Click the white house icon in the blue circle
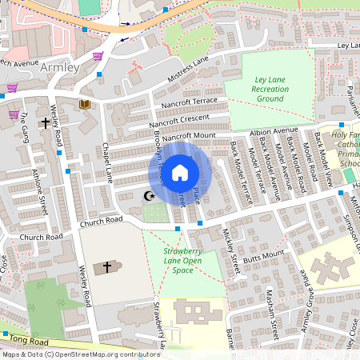click(x=180, y=172)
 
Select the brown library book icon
click(x=85, y=104)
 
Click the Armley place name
click(x=58, y=68)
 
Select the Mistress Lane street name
click(x=188, y=69)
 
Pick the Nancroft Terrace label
click(x=189, y=102)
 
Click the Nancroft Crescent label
click(x=180, y=120)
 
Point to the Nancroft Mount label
click(x=190, y=136)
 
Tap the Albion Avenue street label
click(x=273, y=130)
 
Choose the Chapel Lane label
click(x=105, y=161)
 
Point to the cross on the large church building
click(x=106, y=267)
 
